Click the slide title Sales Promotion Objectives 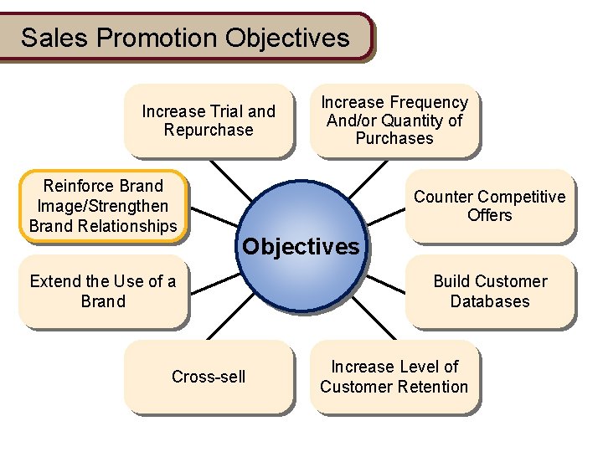[x=185, y=38]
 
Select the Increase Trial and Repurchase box [x=209, y=121]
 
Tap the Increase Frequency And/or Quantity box [x=394, y=121]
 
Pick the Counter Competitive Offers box [x=490, y=206]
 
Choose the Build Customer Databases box [x=490, y=291]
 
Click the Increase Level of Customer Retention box [x=394, y=377]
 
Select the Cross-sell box [x=209, y=377]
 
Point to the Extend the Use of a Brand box [x=103, y=291]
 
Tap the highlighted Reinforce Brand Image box [x=103, y=206]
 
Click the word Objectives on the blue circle [x=301, y=247]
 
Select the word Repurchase [x=209, y=131]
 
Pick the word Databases [x=490, y=301]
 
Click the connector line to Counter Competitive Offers [x=387, y=215]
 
